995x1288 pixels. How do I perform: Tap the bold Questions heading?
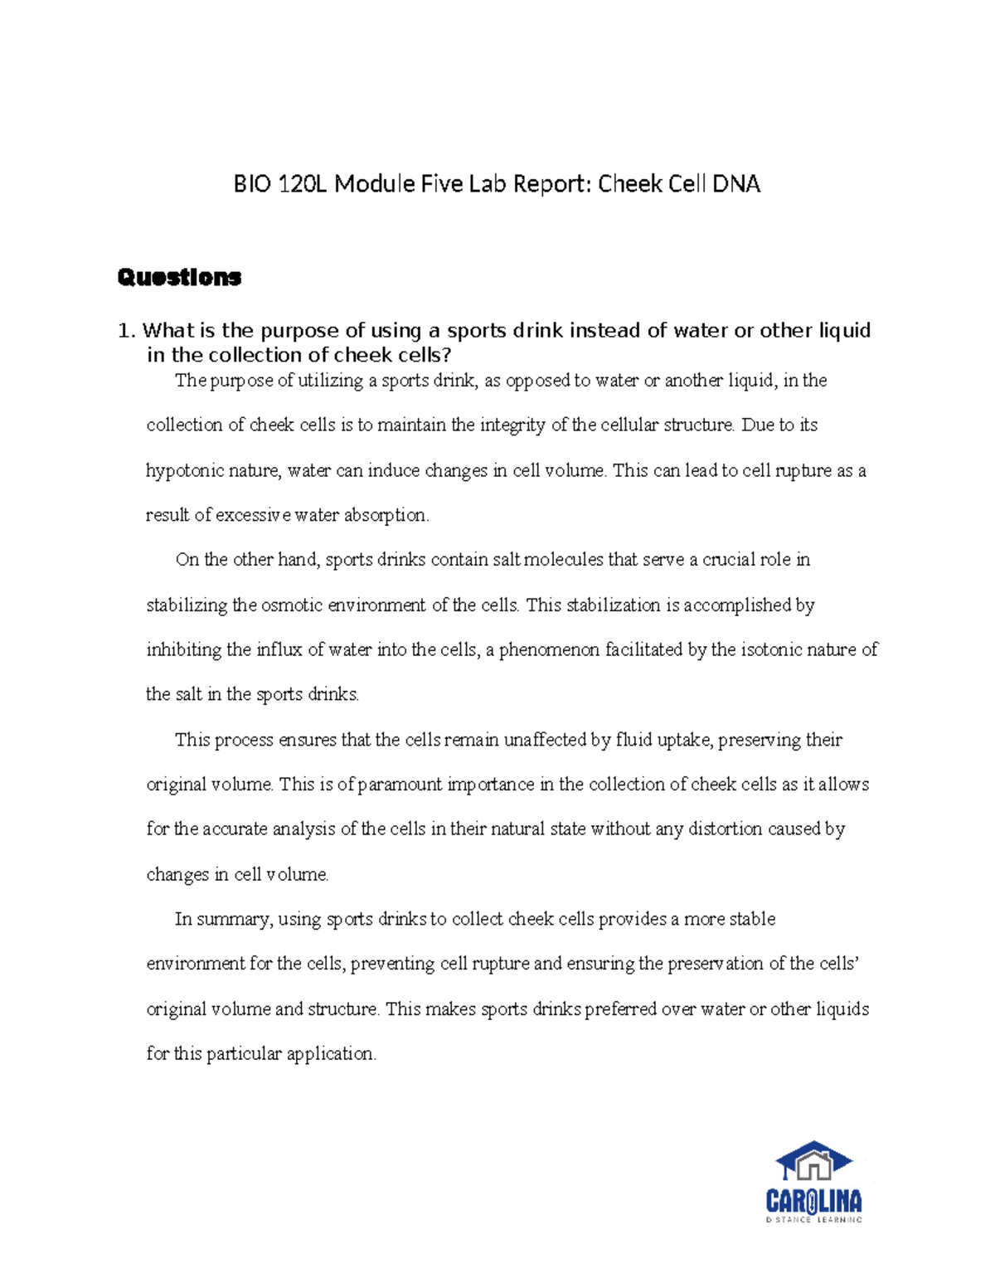point(179,277)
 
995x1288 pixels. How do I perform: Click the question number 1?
point(124,331)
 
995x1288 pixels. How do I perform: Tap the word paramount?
point(401,785)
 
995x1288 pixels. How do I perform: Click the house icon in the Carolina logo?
point(813,1162)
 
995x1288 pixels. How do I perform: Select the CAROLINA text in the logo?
point(813,1201)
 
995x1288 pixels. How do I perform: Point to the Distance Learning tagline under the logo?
point(813,1220)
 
